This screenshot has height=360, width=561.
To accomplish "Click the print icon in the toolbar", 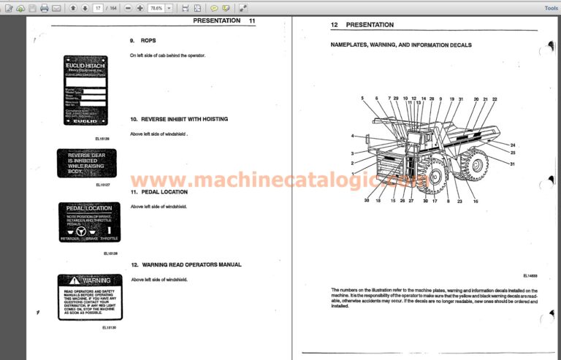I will (x=45, y=8).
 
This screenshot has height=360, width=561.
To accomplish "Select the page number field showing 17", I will (x=98, y=8).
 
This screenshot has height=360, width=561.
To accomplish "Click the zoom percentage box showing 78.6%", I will (x=156, y=8).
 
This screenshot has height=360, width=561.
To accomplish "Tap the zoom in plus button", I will (x=140, y=8).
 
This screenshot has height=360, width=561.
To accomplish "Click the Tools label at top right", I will (x=552, y=8).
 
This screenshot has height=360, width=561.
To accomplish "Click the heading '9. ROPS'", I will (x=143, y=40).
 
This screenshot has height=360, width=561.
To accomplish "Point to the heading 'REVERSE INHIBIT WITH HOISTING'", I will (x=179, y=118).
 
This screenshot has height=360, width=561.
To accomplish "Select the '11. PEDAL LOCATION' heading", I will (x=159, y=191).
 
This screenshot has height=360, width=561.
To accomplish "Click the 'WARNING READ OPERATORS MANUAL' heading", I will (x=186, y=264).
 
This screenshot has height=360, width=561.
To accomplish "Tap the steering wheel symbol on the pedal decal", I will (x=80, y=231).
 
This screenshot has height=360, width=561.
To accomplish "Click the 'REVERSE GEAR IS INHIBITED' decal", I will (x=86, y=163).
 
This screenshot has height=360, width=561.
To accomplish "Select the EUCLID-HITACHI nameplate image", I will (x=85, y=90).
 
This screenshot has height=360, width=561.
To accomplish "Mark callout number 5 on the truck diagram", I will (x=362, y=98).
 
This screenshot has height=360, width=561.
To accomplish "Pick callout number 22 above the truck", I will (x=495, y=99).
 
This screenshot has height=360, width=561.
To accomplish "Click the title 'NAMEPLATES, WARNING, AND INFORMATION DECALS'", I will (x=401, y=45).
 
